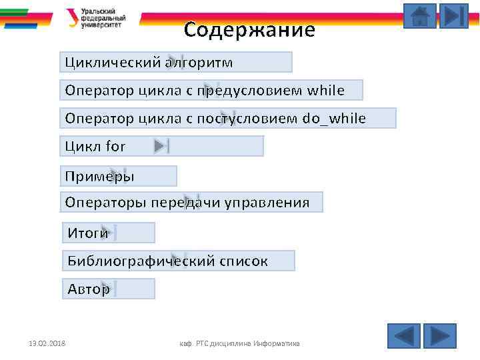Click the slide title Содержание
tap(249, 30)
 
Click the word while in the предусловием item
tap(326, 90)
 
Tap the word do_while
tap(334, 119)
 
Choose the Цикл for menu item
tap(95, 146)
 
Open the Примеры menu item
tap(100, 176)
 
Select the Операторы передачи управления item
tap(187, 202)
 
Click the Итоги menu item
tap(88, 233)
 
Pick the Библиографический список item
tap(168, 261)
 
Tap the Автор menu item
tap(89, 289)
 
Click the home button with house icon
tap(420, 16)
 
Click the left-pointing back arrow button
tap(403, 336)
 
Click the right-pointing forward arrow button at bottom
tap(439, 336)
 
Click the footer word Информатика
tap(277, 343)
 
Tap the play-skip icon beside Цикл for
tap(162, 146)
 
